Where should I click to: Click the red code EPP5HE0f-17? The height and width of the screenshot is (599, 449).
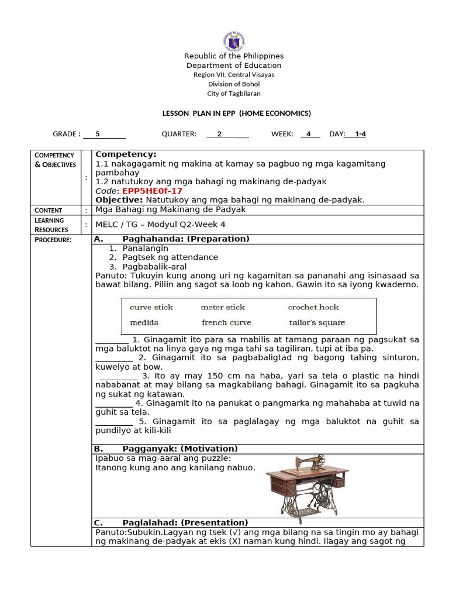coord(152,191)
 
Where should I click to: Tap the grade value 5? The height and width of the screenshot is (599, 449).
coord(98,134)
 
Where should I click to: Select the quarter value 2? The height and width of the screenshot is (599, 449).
coord(219,134)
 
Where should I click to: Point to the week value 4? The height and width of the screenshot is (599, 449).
coord(309,134)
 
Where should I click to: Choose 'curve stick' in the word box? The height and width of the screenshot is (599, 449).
coord(151,307)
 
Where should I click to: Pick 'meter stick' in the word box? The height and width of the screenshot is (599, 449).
coord(223,307)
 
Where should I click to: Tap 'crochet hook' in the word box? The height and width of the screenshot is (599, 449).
coord(313,307)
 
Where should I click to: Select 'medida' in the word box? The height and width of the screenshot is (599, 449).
coord(144,322)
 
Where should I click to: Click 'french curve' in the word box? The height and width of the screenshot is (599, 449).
coord(226,322)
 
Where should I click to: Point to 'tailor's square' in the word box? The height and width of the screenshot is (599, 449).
coord(317,322)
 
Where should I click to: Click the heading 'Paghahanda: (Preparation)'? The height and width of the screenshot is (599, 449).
coord(186,239)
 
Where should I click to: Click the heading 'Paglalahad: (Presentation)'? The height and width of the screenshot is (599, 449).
coord(185,522)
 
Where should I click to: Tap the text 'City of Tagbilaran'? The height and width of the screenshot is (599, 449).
coord(234,94)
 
